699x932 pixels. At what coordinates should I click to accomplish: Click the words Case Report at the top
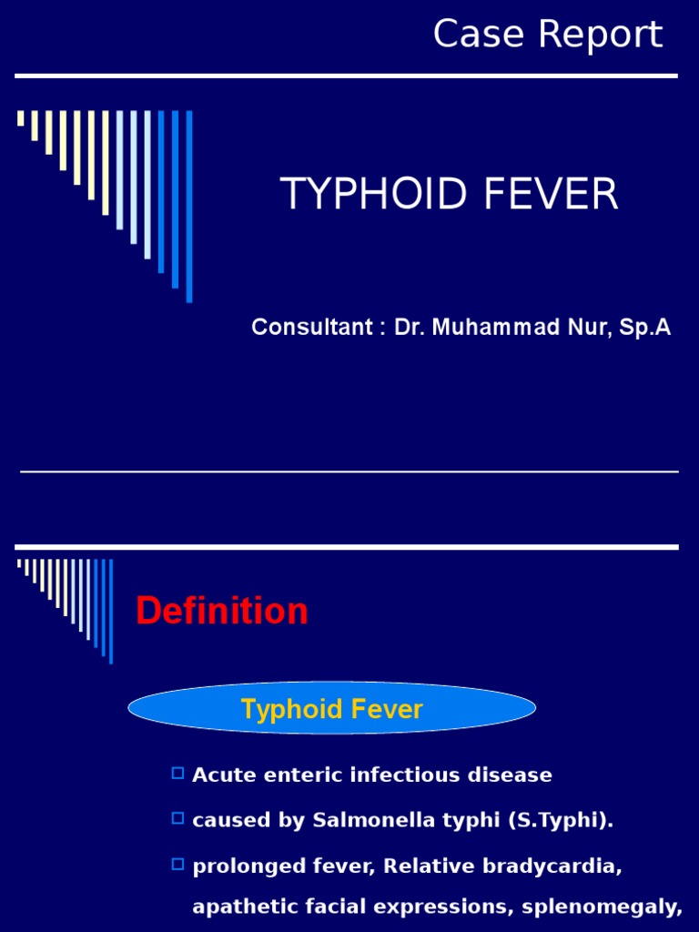tap(547, 35)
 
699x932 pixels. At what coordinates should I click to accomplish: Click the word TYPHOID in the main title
tap(364, 195)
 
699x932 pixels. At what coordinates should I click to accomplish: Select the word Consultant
tap(311, 328)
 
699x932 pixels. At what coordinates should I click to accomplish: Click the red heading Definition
tap(222, 612)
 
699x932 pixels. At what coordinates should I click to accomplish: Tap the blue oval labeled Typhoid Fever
tap(331, 709)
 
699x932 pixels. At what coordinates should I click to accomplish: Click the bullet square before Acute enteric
tap(177, 774)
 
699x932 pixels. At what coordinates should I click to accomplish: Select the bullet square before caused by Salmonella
tap(177, 818)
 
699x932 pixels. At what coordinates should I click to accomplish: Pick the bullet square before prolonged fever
tap(177, 863)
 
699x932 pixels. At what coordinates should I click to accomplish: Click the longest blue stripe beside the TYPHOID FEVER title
tap(189, 206)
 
